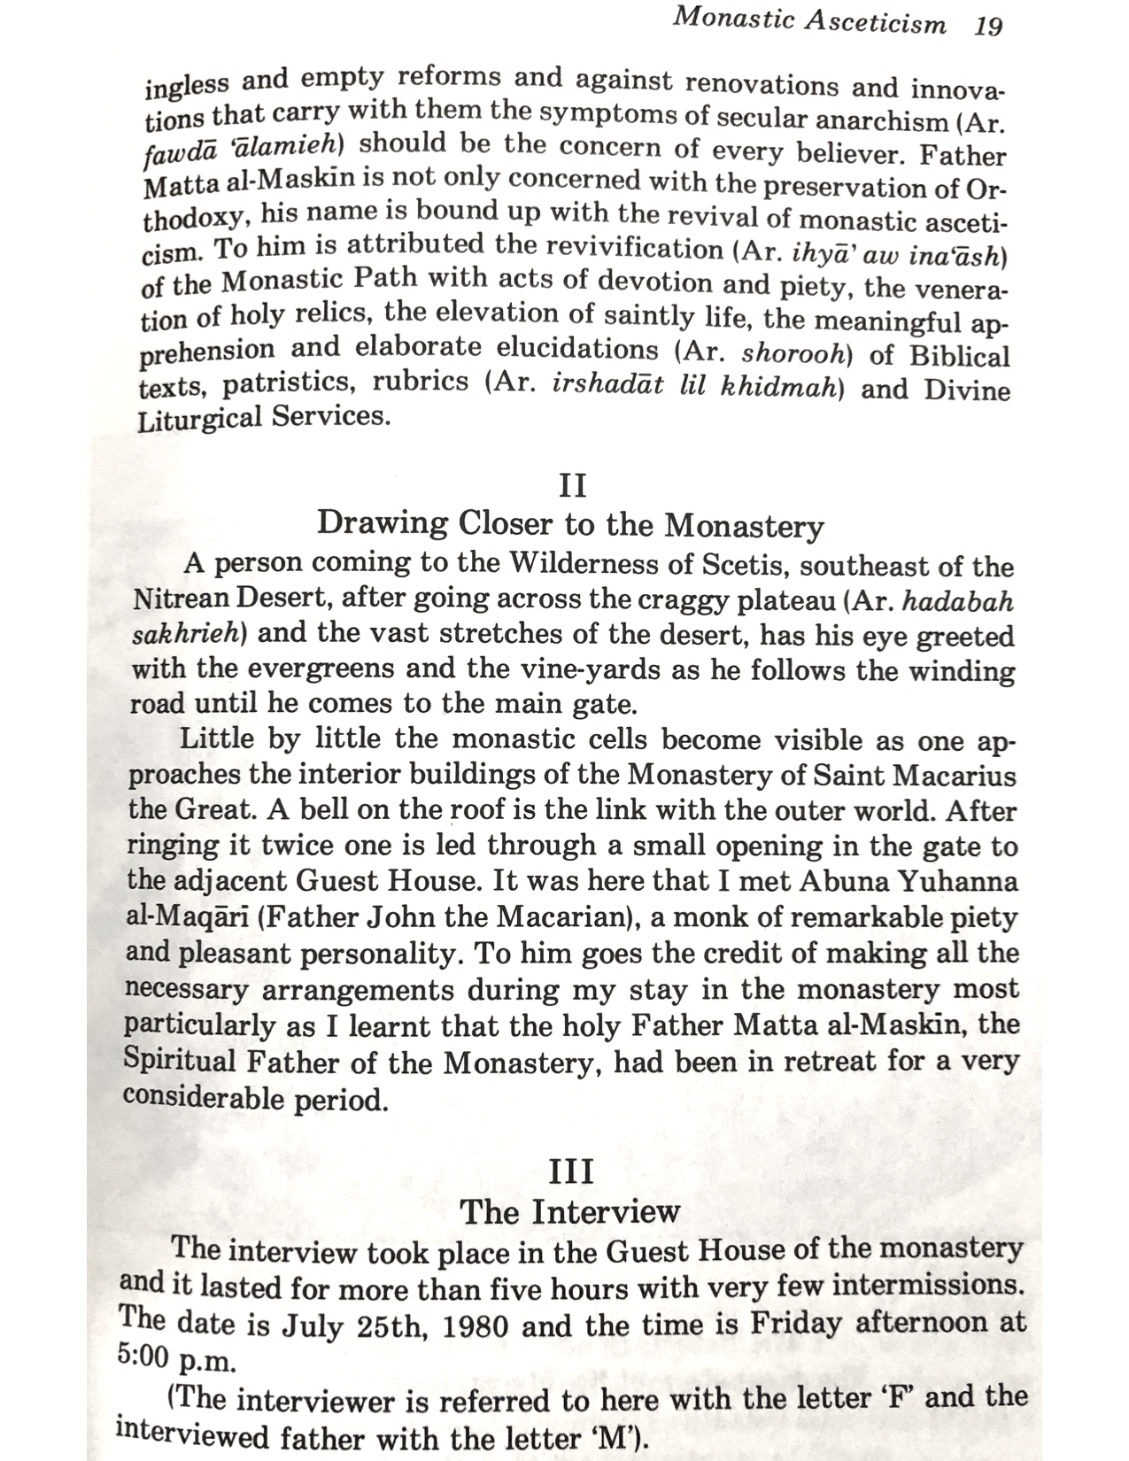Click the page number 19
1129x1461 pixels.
coord(987,26)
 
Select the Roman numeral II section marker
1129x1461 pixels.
coord(573,486)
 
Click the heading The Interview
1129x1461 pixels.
coord(569,1211)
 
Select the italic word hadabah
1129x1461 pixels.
coord(957,602)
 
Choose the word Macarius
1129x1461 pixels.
coord(955,776)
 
